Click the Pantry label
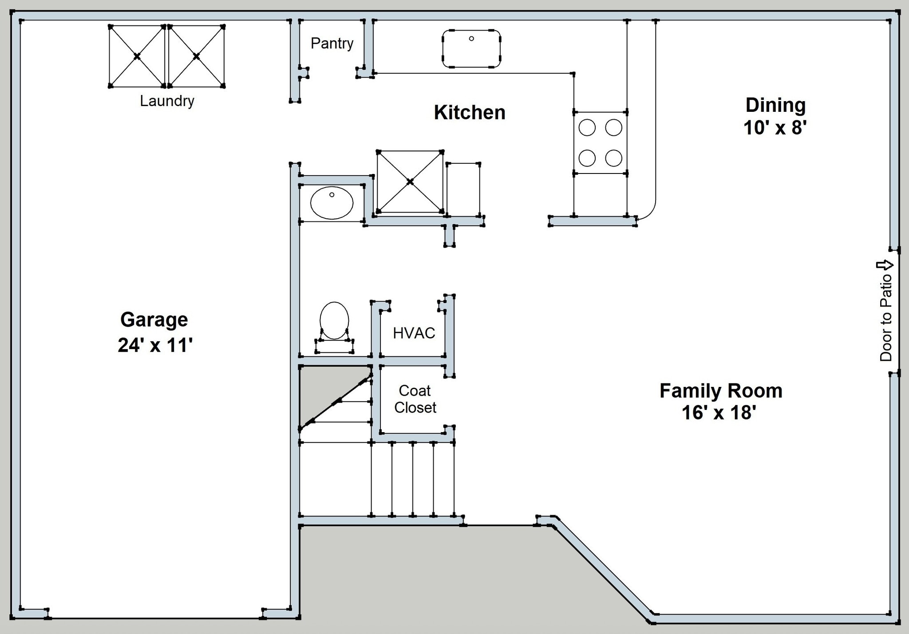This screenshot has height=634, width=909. [332, 43]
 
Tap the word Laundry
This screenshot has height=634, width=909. [167, 101]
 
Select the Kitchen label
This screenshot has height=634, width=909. [469, 112]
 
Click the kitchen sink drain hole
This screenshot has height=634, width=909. [471, 39]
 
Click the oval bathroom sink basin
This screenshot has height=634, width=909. [332, 203]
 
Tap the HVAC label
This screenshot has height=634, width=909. [414, 333]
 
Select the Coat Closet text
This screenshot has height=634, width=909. [415, 399]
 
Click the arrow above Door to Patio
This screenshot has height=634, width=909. [885, 265]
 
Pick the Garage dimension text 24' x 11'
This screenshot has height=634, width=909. [155, 345]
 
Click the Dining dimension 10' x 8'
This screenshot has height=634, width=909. [775, 128]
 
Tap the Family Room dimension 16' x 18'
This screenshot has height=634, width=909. [719, 413]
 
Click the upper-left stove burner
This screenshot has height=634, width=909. [587, 128]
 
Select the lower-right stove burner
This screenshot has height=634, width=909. [613, 158]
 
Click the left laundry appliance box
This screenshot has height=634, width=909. [137, 56]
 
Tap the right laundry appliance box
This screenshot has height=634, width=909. [196, 56]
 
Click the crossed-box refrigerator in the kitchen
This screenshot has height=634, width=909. [410, 182]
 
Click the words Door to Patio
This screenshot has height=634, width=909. [885, 317]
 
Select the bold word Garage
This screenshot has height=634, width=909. [154, 319]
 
